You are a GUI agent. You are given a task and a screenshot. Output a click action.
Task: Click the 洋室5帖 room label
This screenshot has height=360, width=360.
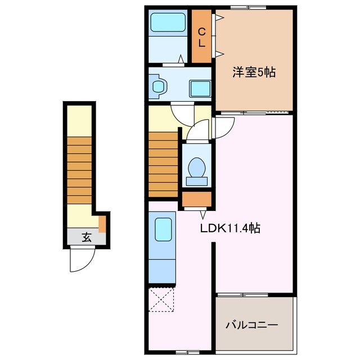pos(254,73)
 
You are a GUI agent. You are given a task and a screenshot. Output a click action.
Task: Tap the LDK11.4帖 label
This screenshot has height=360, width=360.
pos(230,228)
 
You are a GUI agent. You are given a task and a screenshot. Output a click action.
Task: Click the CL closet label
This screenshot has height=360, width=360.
pos(201,37)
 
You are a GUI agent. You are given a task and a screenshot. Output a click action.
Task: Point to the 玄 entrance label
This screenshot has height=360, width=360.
pos(86,237)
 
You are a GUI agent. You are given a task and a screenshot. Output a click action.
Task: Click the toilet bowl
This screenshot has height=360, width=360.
pos(196,168)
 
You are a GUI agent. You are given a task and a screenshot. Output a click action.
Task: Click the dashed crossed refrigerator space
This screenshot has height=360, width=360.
pos(161,299)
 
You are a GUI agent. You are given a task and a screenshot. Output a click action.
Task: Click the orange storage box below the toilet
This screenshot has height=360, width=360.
pos(197,200)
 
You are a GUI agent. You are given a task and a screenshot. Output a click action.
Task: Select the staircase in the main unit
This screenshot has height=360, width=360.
pos(163,163)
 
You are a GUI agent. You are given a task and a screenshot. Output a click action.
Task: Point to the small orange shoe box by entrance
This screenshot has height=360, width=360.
pos(102,224)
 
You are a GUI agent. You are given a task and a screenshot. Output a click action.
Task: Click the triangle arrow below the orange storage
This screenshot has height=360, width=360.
pos(203,214)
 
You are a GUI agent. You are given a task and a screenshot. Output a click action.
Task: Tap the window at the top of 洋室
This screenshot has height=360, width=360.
pos(248,7)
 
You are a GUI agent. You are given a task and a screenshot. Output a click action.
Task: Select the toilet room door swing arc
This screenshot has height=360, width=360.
pos(195,133)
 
